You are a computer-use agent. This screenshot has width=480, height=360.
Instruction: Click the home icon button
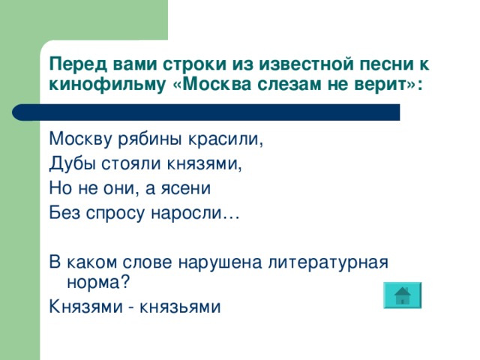click(402, 295)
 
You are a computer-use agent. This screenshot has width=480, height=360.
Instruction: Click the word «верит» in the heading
click(379, 83)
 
